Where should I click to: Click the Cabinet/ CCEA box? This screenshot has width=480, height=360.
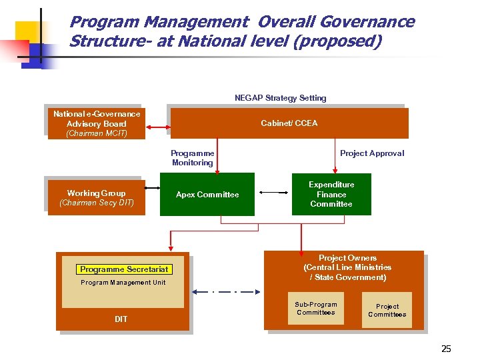tap(289, 123)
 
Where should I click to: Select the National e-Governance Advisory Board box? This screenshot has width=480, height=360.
tap(96, 123)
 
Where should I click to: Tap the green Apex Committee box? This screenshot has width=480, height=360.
tap(207, 195)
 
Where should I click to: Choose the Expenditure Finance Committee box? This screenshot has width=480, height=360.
tap(331, 194)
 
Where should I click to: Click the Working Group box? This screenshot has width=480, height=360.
tap(96, 197)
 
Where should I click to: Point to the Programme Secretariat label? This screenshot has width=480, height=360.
tap(123, 269)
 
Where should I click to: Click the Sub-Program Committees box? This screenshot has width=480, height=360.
tap(316, 309)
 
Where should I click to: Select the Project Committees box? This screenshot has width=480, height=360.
tap(387, 311)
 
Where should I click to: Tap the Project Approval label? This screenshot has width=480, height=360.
tap(372, 153)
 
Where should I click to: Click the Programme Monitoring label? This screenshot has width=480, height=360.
tap(193, 158)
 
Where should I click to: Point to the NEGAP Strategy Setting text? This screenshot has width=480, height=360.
tap(280, 98)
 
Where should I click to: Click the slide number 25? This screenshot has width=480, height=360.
tap(446, 349)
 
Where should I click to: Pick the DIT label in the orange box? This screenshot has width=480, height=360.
tap(121, 319)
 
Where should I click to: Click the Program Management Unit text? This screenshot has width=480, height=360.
tap(123, 283)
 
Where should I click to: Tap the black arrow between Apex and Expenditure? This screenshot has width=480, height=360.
tap(273, 193)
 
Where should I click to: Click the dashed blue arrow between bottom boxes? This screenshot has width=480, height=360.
tap(227, 292)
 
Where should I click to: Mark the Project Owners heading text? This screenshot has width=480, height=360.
tap(347, 258)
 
